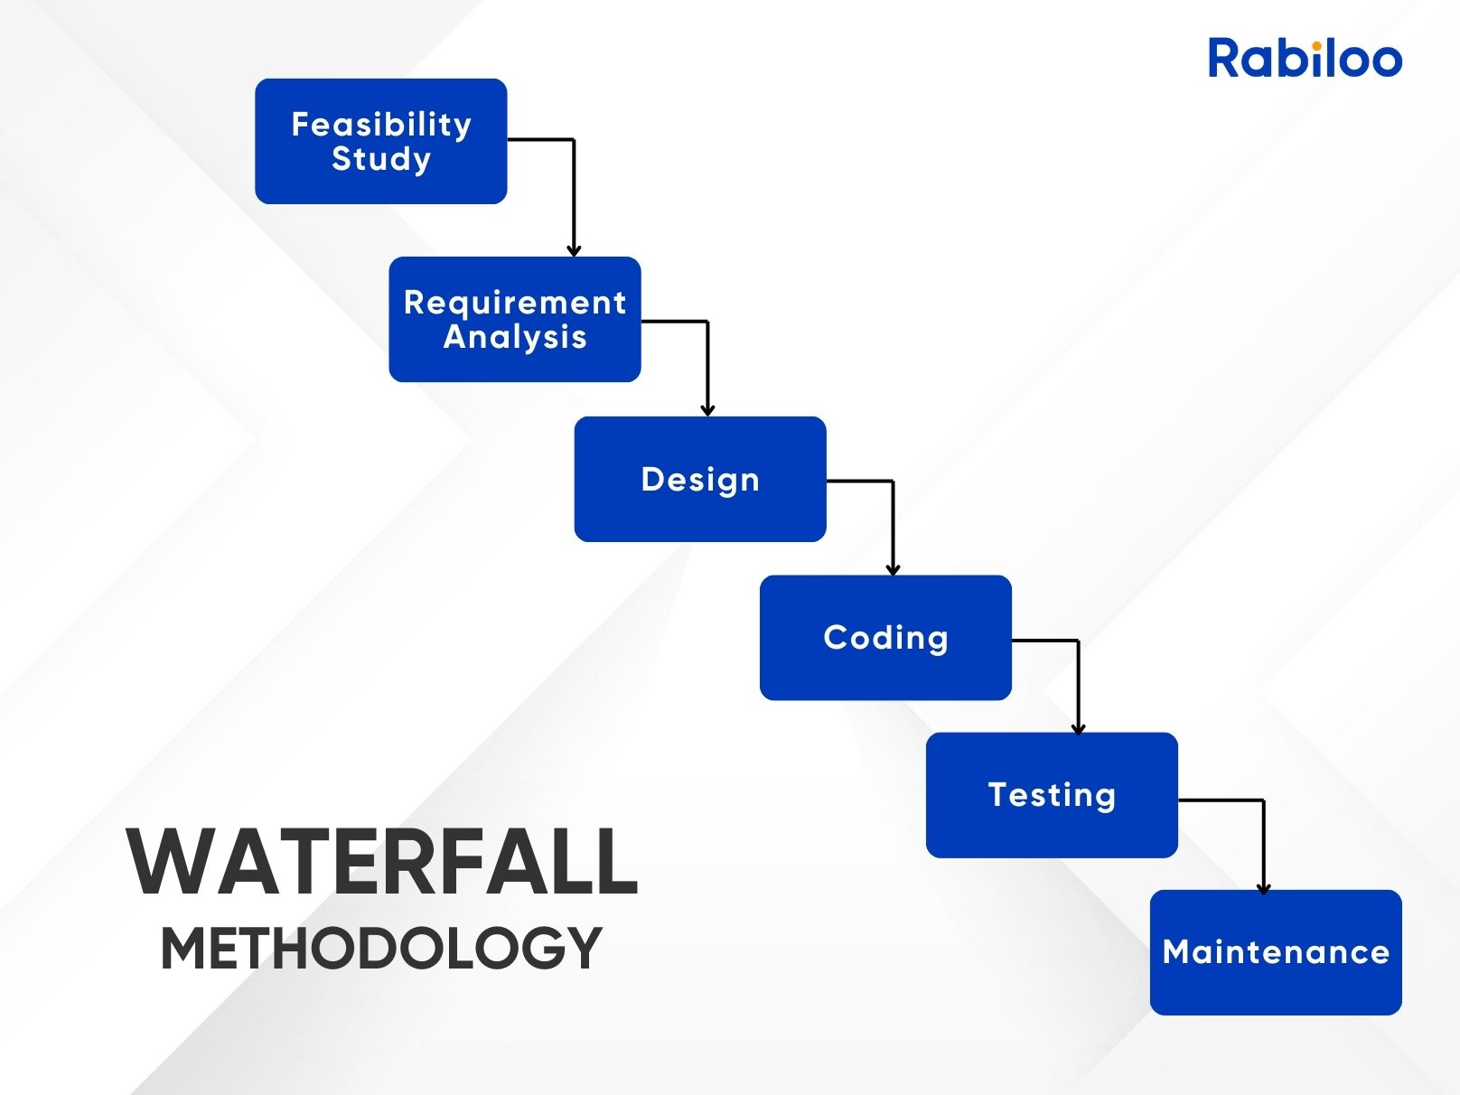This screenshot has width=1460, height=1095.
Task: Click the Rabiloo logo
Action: tap(1305, 58)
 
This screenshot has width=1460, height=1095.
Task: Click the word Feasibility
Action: tap(381, 125)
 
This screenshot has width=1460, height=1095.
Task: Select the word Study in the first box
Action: tap(381, 159)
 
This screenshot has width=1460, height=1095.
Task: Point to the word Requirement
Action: tap(515, 304)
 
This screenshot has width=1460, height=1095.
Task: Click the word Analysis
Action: tap(515, 336)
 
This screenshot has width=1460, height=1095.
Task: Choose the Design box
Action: tap(700, 480)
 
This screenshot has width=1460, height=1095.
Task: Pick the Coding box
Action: tap(886, 638)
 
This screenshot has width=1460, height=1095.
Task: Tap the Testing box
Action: tap(1052, 795)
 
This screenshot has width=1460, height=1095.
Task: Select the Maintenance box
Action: tap(1276, 953)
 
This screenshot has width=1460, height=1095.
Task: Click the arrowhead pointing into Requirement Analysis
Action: tap(574, 250)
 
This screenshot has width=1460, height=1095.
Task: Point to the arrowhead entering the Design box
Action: tap(707, 410)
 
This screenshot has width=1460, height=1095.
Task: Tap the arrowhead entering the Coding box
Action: tap(893, 569)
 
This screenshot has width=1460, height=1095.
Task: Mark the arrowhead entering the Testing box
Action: tap(1078, 728)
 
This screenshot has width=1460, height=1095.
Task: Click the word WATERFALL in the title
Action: tap(382, 862)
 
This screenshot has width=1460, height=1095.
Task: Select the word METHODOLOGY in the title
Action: tap(381, 949)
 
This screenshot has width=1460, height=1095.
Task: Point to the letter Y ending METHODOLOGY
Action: tap(584, 949)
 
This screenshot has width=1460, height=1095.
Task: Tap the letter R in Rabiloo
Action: tap(1223, 58)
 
